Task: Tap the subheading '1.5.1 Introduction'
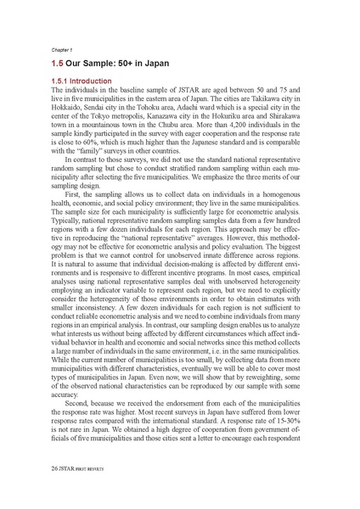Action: [x=89, y=81]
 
